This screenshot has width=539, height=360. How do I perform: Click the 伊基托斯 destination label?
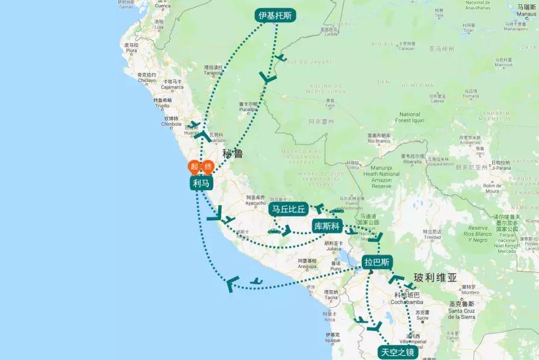click(275, 16)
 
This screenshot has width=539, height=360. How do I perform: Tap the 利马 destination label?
click(202, 183)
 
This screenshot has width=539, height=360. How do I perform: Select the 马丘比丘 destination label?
click(289, 209)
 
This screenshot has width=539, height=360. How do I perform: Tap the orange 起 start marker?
click(194, 167)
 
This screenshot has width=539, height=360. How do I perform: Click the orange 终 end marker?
click(208, 167)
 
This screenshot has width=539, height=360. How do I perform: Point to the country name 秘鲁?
click(232, 154)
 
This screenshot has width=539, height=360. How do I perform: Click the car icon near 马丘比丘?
click(274, 231)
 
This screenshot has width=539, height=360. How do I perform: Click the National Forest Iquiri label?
click(410, 117)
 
